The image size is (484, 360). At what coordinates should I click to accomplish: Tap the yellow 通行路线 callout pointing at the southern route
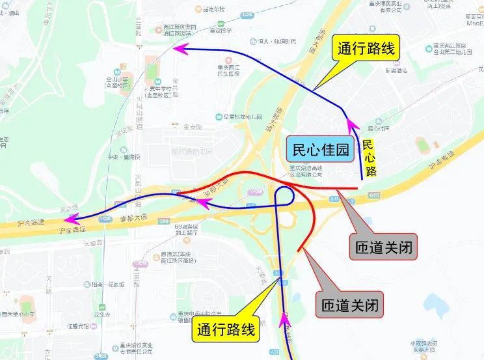click(226, 329)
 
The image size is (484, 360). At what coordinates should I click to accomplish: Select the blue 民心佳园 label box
click(321, 150)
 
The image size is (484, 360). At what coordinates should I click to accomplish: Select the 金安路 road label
click(193, 127)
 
